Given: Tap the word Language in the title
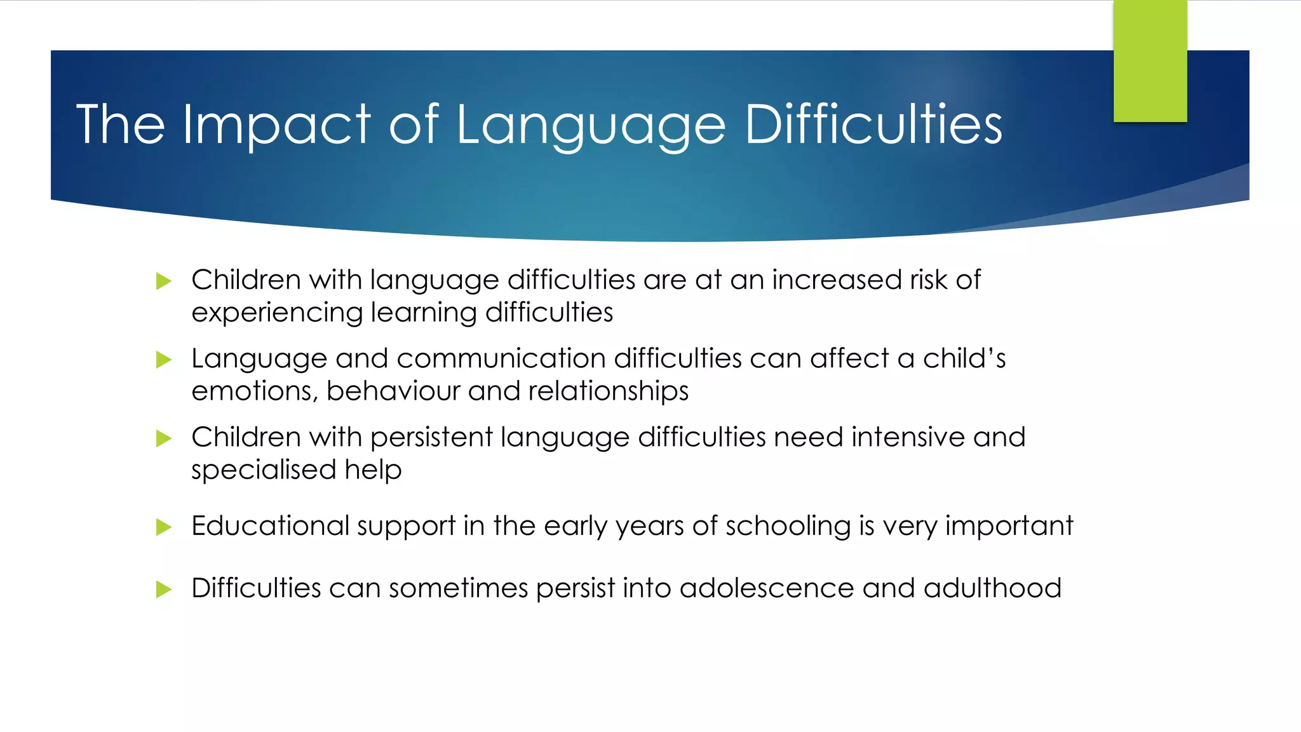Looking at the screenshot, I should point(591,126).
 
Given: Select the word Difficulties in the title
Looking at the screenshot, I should point(873,125).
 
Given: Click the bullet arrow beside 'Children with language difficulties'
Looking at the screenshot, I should point(164,281).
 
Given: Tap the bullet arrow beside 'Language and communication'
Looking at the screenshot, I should point(164,360).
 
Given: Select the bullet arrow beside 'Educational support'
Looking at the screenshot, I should point(164,527).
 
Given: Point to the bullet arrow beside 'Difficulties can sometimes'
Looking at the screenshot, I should point(164,589).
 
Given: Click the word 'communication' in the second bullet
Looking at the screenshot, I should point(501,359).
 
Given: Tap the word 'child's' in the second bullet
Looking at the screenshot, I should point(964,359).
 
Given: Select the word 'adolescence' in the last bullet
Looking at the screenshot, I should point(767,588).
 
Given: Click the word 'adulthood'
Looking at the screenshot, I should point(992,588).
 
